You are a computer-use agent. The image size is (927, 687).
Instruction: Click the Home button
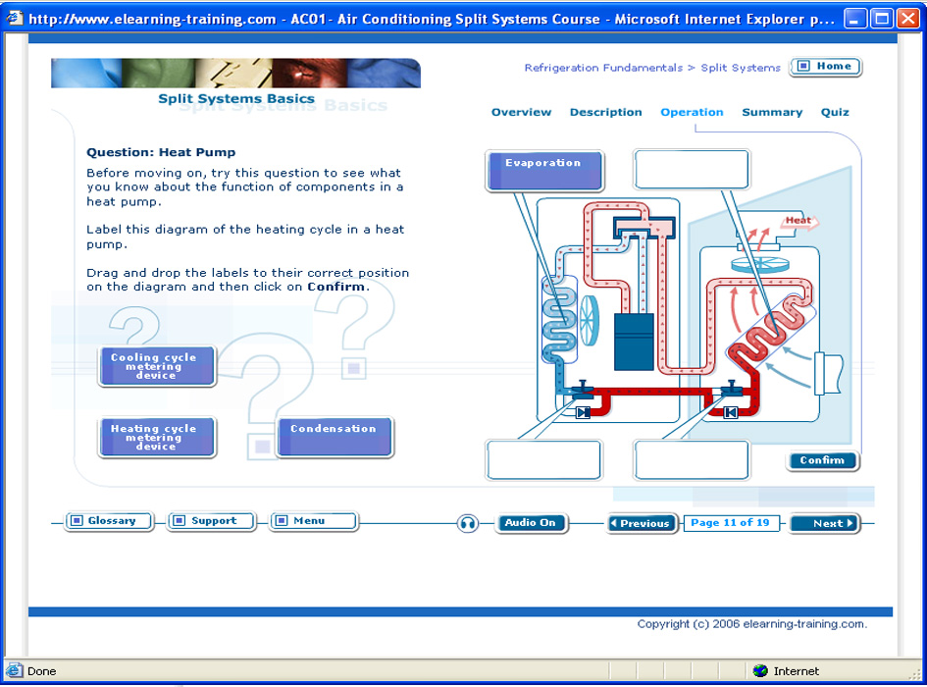[x=826, y=67]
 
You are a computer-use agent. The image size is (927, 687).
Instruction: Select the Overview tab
[x=521, y=112]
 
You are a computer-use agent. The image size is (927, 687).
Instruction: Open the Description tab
[x=605, y=112]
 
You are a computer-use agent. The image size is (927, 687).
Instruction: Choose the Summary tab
[x=771, y=112]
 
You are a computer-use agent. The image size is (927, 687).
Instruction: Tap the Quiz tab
[x=835, y=112]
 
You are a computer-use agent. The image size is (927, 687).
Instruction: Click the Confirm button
[x=822, y=460]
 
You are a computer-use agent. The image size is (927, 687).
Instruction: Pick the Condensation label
[x=335, y=437]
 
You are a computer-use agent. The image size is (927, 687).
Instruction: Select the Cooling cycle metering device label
[x=157, y=366]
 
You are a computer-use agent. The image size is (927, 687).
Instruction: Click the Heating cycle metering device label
[x=157, y=437]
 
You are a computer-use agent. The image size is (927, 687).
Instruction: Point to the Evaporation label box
[x=544, y=171]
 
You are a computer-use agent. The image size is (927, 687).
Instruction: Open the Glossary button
[x=109, y=521]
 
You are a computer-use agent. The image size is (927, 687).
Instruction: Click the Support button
[x=211, y=521]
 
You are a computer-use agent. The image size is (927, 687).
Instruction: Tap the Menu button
[x=313, y=521]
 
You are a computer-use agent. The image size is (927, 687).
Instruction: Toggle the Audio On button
[x=531, y=522]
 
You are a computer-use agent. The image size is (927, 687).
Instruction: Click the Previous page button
[x=644, y=523]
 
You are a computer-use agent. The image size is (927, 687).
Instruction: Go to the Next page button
[x=825, y=523]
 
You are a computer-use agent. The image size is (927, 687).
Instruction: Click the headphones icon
[x=467, y=523]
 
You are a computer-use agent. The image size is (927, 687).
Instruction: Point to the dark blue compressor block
[x=634, y=342]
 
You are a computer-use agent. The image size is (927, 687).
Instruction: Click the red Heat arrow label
[x=799, y=221]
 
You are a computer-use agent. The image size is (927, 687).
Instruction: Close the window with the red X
[x=908, y=19]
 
